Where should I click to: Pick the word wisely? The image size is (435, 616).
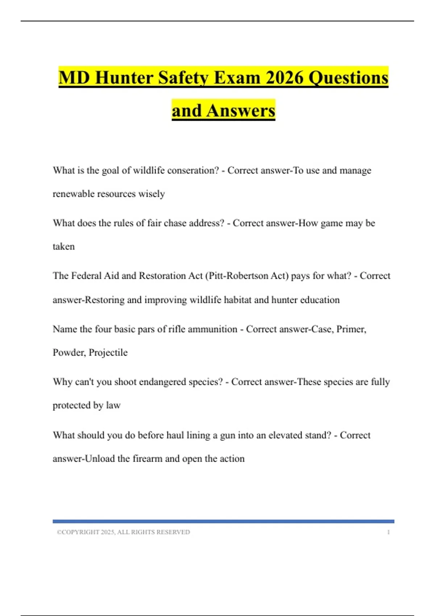click(152, 194)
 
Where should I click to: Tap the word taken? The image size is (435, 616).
click(64, 246)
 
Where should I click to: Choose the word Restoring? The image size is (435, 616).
click(104, 300)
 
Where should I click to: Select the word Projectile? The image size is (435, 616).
click(108, 353)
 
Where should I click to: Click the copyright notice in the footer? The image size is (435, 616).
click(123, 532)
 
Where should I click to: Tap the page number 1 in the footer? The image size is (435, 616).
click(388, 532)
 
